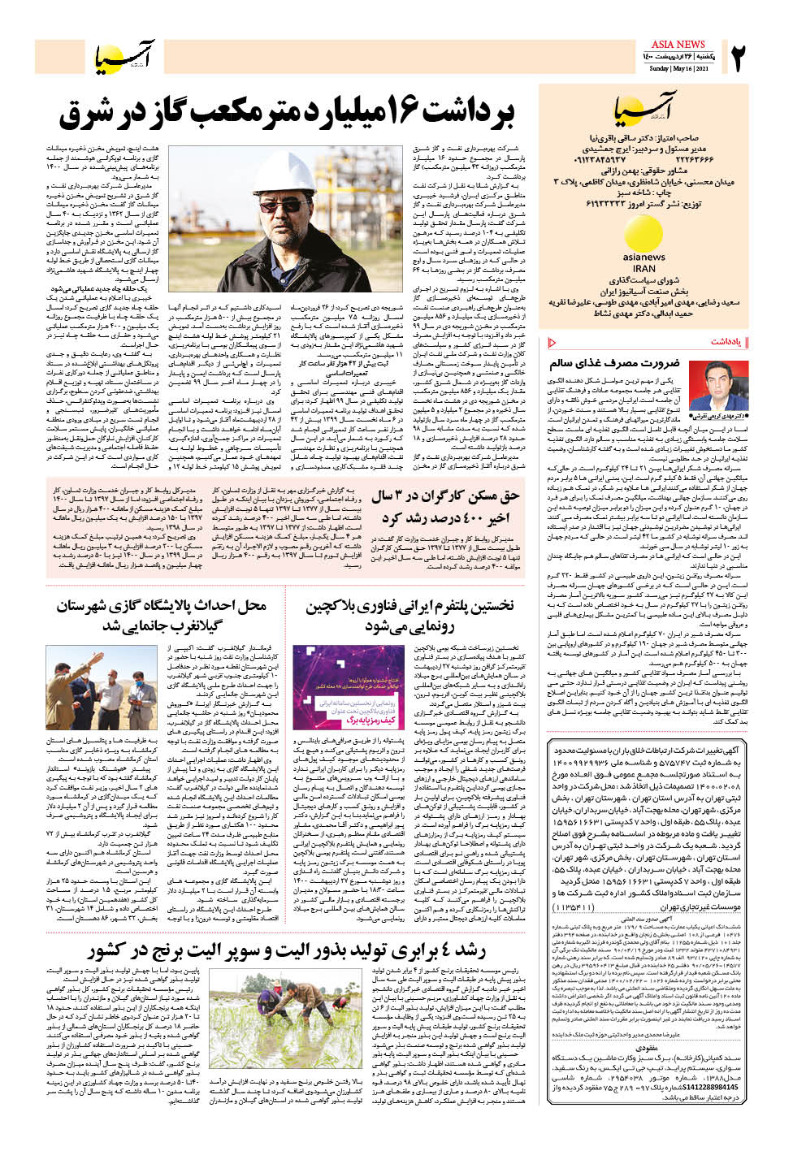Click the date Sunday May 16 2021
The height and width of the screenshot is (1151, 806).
[678, 68]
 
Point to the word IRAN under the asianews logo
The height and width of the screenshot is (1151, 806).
[643, 267]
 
